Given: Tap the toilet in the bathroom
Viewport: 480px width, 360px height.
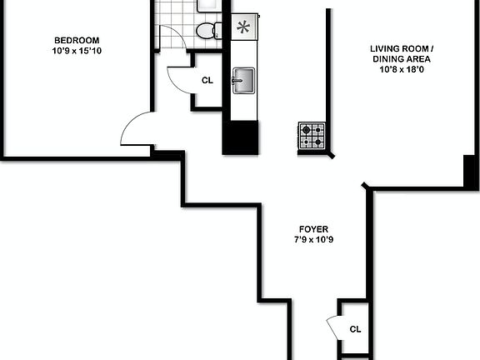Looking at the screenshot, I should coord(205,32).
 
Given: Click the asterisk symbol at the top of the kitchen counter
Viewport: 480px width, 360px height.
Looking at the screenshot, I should coord(242,27).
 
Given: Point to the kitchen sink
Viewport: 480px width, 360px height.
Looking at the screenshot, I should coord(243,81).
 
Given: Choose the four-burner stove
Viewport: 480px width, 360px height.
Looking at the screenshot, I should coord(312,134).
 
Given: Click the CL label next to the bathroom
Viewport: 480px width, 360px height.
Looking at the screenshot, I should coord(207,81).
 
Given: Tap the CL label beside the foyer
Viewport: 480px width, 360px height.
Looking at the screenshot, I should coord(355,328).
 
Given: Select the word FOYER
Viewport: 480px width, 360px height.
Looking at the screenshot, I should coord(313,229).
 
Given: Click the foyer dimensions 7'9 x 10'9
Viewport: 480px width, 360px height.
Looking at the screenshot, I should coord(313,240).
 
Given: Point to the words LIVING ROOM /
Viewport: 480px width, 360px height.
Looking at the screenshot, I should coord(402,48).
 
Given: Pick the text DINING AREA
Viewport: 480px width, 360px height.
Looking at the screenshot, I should coord(402,58).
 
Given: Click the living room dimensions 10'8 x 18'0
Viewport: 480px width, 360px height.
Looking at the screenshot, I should coord(402,69).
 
